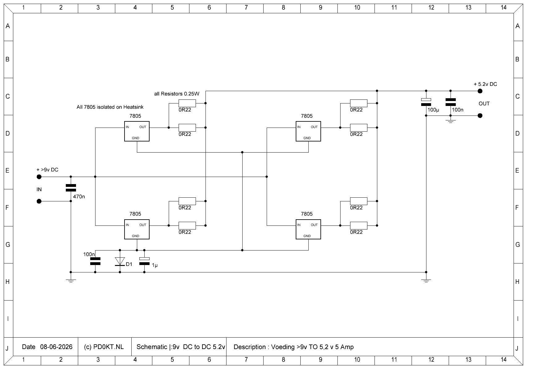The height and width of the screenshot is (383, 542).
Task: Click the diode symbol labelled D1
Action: [120, 261]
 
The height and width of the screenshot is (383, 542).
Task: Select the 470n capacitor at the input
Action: [71, 188]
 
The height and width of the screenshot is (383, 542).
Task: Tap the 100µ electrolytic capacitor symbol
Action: [426, 102]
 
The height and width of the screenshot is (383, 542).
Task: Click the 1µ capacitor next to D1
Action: [144, 261]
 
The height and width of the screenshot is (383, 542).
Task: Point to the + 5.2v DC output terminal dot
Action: [480, 91]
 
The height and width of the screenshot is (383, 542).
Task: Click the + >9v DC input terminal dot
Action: [39, 177]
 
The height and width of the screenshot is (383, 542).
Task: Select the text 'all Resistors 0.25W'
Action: [177, 94]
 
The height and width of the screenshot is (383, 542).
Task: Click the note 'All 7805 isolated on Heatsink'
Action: [110, 107]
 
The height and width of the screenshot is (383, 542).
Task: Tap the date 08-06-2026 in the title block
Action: [56, 347]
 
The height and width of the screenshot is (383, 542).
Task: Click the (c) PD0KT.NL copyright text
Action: [104, 347]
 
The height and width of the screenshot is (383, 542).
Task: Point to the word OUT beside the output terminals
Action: [484, 103]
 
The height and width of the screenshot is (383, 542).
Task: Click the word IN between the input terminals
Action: [39, 189]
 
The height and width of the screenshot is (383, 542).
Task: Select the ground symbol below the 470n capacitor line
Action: [71, 280]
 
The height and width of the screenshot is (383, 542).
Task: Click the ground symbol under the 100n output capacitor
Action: [451, 121]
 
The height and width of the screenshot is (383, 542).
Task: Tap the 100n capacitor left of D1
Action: [95, 261]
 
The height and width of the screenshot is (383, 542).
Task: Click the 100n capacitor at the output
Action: [451, 102]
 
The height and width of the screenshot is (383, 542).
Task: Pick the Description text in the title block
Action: [294, 347]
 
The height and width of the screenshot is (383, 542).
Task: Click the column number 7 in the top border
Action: [246, 7]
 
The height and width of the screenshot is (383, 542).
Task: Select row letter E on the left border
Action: [7, 170]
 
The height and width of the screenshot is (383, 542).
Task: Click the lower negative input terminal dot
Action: [39, 201]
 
